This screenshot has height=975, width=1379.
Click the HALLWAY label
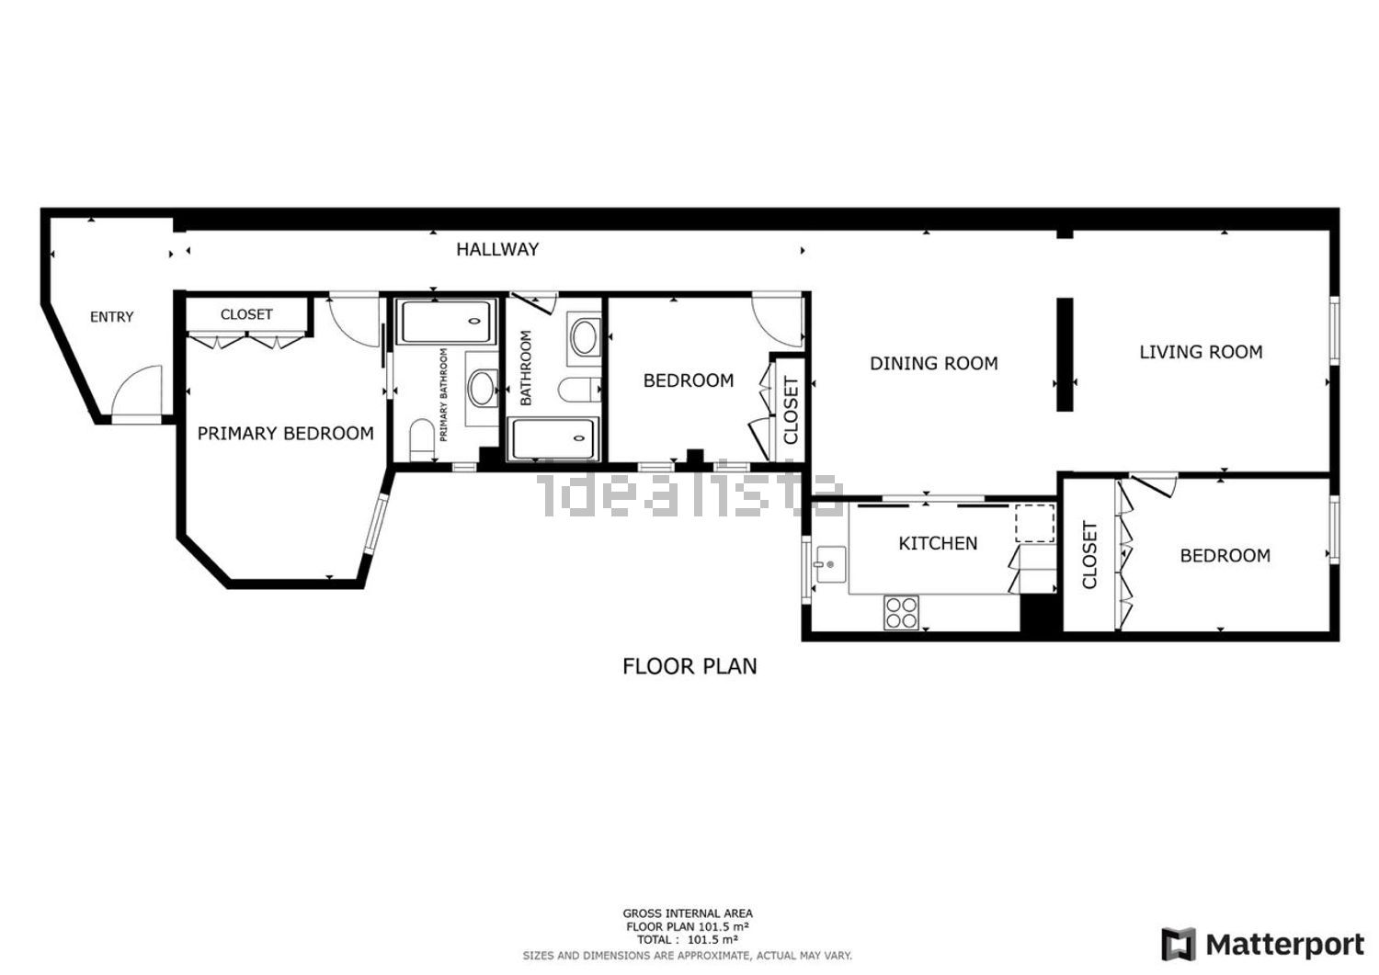[497, 249]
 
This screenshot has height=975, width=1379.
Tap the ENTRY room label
[111, 317]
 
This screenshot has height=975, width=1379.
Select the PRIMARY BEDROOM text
[286, 434]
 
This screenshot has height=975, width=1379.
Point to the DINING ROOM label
[934, 364]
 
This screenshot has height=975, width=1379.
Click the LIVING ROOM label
[1201, 352]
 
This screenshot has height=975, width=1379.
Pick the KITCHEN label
[938, 543]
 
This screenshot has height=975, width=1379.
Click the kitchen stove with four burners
[901, 612]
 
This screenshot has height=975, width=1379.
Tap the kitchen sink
[830, 564]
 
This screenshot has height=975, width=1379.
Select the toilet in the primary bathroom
[422, 439]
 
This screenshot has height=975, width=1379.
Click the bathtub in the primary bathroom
[446, 322]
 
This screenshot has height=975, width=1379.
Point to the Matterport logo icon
[1179, 945]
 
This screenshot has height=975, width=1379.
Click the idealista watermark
[690, 495]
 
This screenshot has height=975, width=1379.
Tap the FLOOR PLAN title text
[689, 666]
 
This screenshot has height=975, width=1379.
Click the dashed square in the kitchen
[1035, 523]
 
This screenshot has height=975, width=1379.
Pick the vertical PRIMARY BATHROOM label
[443, 394]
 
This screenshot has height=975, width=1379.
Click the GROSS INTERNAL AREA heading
[688, 914]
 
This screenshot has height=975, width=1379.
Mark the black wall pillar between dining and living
[1065, 355]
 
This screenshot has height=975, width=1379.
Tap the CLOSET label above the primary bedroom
[246, 314]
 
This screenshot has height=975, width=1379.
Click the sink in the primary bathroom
[483, 389]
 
